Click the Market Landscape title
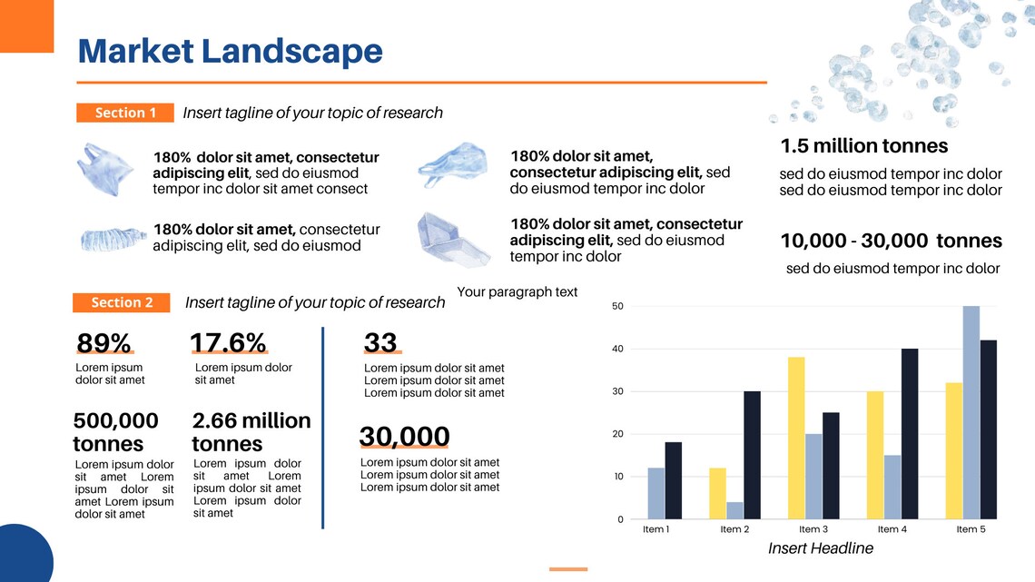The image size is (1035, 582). [230, 51]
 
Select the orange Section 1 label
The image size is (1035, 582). [125, 113]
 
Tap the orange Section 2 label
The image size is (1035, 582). [122, 302]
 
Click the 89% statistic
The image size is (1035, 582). [103, 343]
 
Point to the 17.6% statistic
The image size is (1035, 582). [228, 343]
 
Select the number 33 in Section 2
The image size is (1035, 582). [380, 342]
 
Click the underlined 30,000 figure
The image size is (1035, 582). [404, 437]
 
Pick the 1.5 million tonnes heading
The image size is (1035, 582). [863, 146]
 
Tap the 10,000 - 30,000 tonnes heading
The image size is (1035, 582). [891, 241]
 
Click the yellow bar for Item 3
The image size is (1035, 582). [796, 438]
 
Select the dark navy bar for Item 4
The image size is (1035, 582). [910, 433]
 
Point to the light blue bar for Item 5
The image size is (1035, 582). [971, 412]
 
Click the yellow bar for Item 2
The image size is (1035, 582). [717, 493]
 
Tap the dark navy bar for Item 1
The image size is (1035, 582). [673, 480]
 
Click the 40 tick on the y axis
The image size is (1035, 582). [617, 349]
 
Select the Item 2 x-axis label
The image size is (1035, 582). [734, 529]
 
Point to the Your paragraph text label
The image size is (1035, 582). [517, 291]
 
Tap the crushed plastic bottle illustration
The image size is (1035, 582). [112, 240]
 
